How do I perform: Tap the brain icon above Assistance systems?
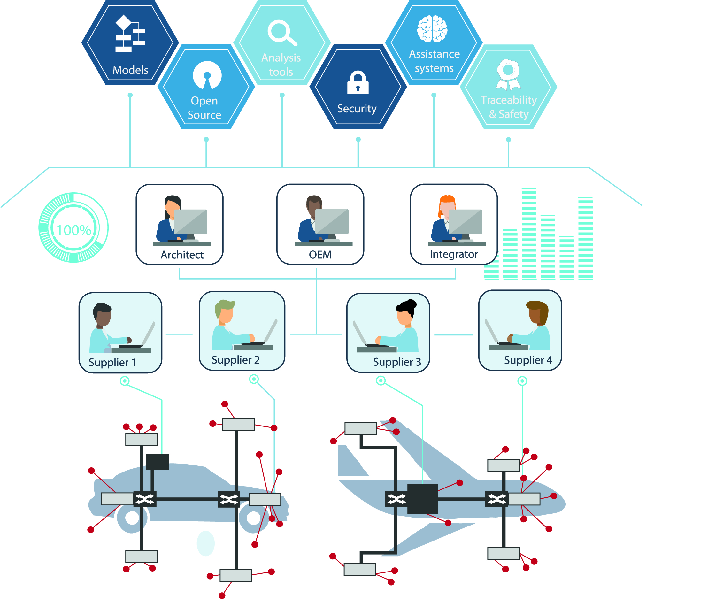point(432,29)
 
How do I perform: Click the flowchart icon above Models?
point(130,34)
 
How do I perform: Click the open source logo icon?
point(207,75)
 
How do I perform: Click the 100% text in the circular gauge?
point(74,230)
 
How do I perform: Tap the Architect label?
point(182,255)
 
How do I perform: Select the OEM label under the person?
point(320,255)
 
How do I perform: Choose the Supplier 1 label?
point(112,362)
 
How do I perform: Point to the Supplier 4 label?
point(528,360)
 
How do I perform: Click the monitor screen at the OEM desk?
point(332,221)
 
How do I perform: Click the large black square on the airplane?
point(422,498)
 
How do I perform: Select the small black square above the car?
point(158,462)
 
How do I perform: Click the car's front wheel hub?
point(253,518)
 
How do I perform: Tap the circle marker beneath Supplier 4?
point(522,381)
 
